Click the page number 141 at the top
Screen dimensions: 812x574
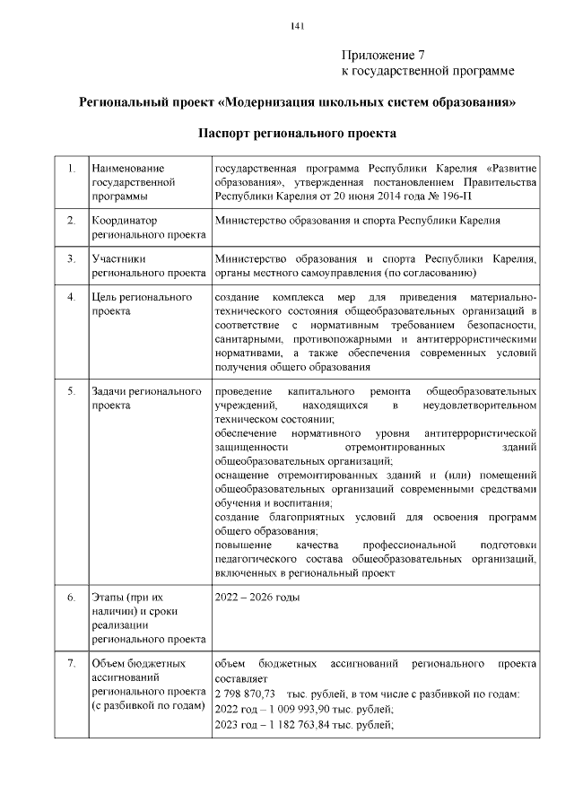[x=298, y=25]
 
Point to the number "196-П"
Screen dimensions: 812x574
[x=520, y=193]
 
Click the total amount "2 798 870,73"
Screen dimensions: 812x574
[x=246, y=696]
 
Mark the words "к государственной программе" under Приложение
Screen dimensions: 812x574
[x=428, y=70]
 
